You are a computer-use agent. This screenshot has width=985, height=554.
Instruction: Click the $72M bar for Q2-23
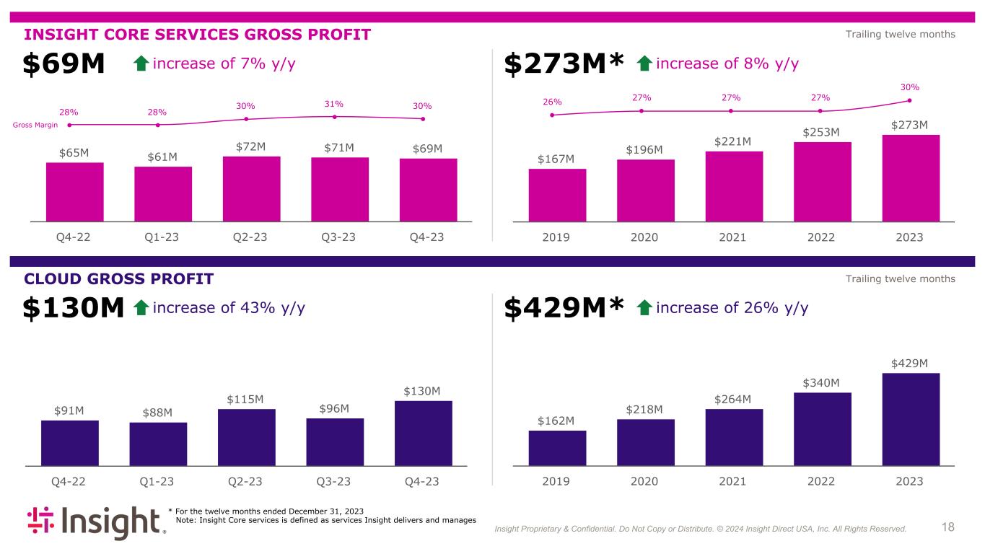251,188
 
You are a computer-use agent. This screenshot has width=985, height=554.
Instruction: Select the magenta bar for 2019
557,195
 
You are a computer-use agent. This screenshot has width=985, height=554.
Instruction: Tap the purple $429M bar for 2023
911,419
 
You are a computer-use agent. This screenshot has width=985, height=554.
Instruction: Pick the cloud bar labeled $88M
158,444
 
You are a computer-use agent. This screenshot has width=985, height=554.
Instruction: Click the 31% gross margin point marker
335,117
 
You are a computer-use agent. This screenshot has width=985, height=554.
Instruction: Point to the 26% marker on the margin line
552,115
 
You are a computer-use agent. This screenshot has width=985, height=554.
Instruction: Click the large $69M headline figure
64,65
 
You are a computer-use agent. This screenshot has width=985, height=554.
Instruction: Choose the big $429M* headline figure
563,309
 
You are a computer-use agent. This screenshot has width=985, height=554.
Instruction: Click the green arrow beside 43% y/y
141,309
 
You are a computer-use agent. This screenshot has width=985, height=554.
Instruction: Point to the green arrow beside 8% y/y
645,65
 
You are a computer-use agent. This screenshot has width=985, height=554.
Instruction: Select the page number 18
947,527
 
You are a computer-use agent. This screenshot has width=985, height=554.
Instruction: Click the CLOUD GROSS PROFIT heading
118,279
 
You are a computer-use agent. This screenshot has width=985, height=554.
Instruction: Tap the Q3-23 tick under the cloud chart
334,481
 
